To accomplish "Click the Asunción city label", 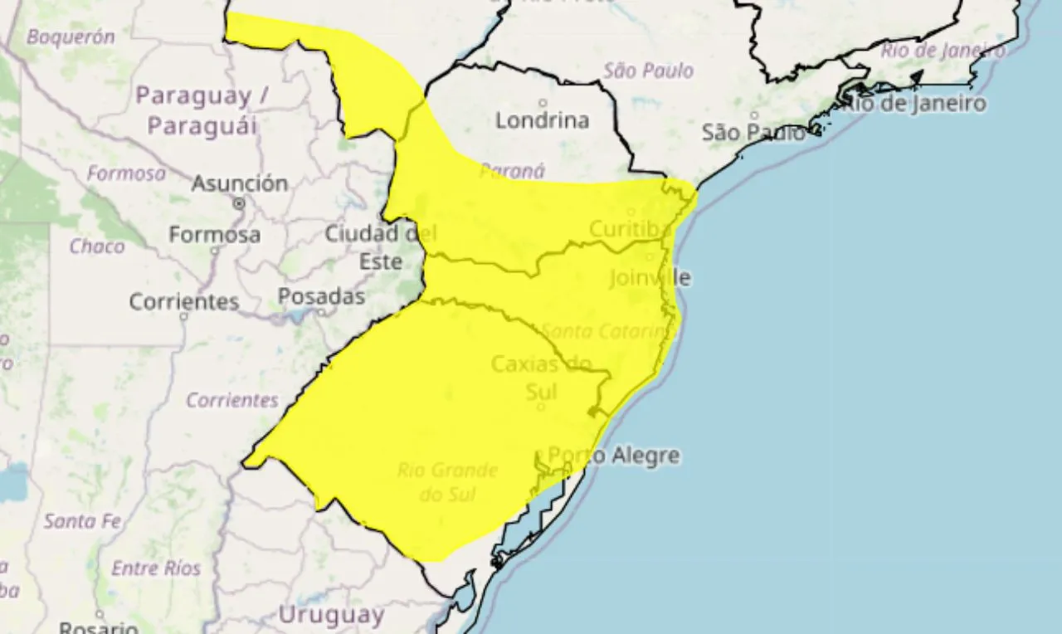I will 240,183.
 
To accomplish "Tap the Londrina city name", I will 543,120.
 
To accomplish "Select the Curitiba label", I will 631,229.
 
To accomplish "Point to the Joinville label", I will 650,277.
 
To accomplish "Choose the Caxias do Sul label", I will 541,377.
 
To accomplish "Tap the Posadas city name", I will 321,296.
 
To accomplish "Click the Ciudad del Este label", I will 380,247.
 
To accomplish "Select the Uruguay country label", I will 331,616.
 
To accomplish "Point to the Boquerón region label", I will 71,37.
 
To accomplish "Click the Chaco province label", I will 97,246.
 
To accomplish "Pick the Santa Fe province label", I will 83,522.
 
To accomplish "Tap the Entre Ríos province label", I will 156,568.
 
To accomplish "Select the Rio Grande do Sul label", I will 447,482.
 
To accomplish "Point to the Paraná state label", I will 512,171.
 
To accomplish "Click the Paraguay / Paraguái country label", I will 202,110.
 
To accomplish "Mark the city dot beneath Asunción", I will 240,202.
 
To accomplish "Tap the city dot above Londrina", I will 543,103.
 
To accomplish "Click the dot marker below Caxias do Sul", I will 541,407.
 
